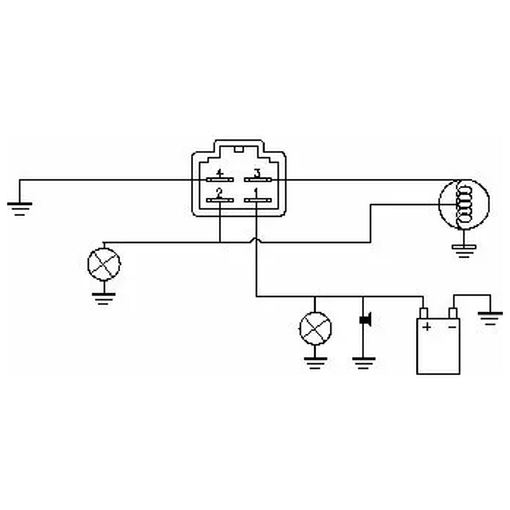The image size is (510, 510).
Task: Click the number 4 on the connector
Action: [x=220, y=174]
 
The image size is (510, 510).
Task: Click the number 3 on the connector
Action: [x=257, y=174]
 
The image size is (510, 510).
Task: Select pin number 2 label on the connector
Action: [x=220, y=193]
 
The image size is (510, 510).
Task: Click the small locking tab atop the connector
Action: [x=239, y=149]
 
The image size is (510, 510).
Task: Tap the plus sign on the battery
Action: [x=427, y=327]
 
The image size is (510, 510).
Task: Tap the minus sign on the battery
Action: [x=452, y=327]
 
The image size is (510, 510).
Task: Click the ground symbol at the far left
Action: [x=20, y=209]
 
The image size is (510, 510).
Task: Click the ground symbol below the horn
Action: [x=363, y=363]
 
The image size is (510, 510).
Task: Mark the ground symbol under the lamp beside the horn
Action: [x=316, y=363]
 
